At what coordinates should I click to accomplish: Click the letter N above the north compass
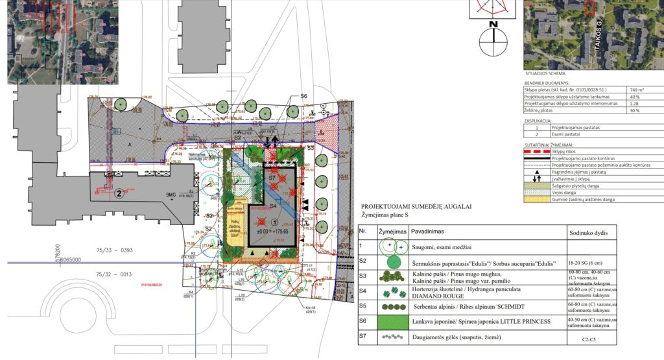pos(493,25)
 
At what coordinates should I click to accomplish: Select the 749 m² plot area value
pos(639,90)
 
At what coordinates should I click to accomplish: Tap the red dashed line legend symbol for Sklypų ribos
pos(536,151)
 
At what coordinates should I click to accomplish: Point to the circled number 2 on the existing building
pos(119,193)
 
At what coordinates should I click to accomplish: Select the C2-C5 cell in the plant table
pos(589,339)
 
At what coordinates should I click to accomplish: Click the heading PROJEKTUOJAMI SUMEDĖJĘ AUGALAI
pos(416,206)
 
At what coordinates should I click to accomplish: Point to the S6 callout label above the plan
pos(303,96)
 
